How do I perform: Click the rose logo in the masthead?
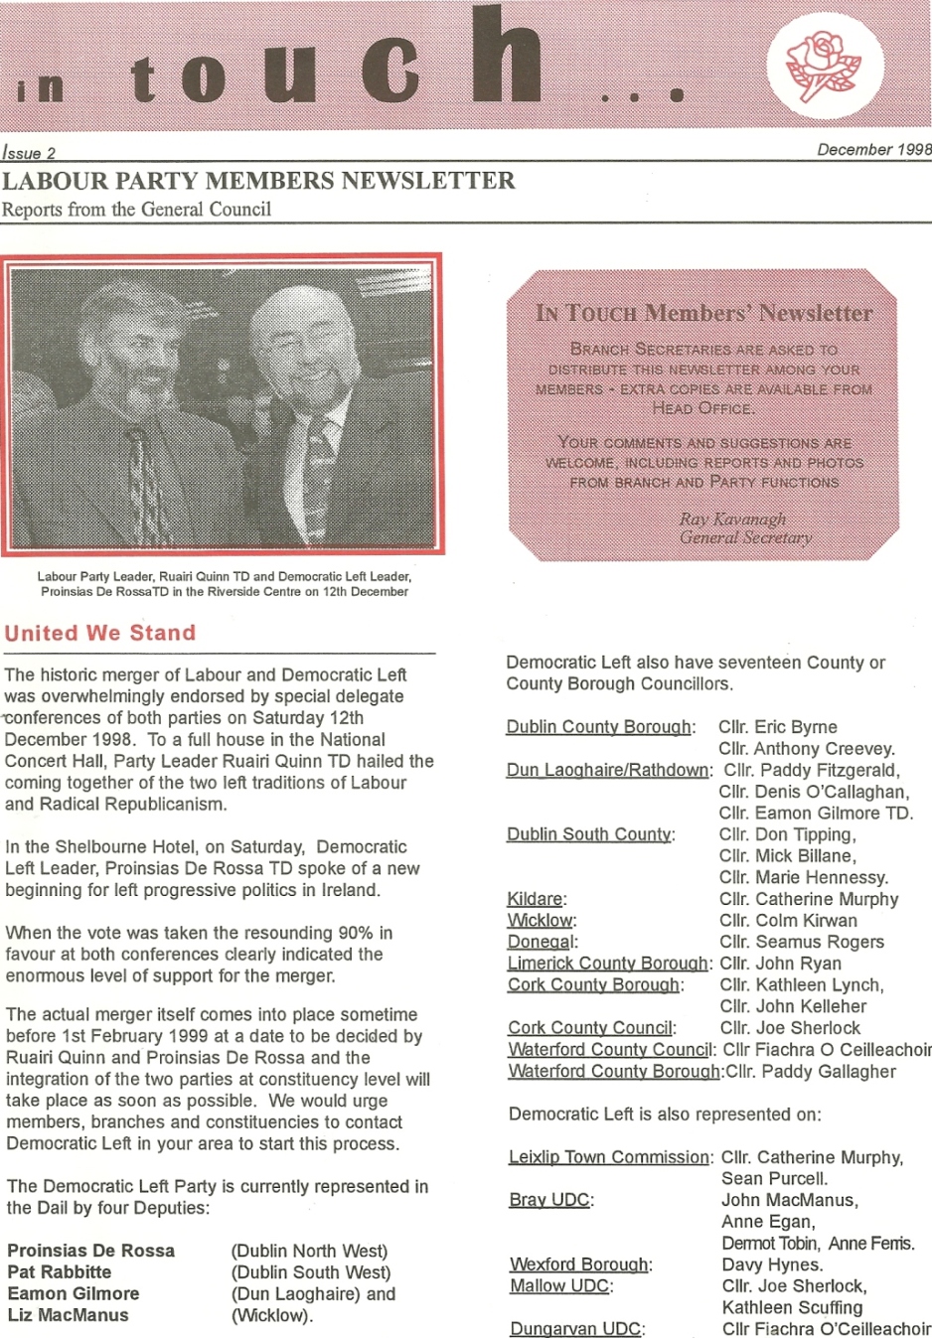tap(824, 67)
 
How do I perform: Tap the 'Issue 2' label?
tap(29, 153)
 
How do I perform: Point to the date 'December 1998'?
tap(873, 150)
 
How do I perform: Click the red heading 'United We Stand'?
tap(100, 633)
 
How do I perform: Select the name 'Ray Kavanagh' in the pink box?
tap(732, 519)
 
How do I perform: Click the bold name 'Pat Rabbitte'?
tap(60, 1271)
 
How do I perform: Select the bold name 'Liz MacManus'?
tap(68, 1315)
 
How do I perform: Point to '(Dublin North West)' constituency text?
tap(309, 1251)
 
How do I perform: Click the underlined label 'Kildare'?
tap(535, 899)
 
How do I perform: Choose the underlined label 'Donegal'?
tap(541, 942)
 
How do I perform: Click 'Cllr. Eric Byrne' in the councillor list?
tap(777, 727)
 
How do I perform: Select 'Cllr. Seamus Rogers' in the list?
tap(802, 942)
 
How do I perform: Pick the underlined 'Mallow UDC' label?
tap(559, 1286)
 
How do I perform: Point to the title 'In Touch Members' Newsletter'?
tap(703, 313)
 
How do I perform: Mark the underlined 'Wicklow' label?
tap(541, 921)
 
